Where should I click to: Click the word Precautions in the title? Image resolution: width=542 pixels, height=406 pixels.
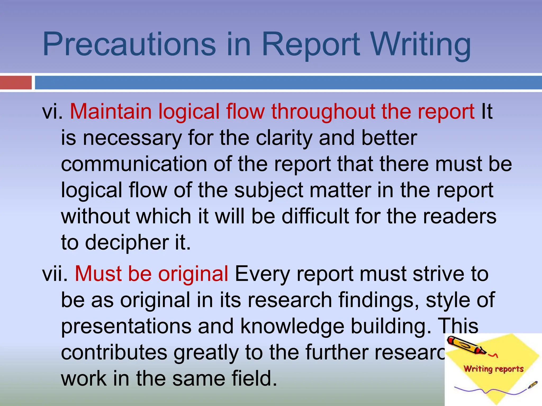(129, 44)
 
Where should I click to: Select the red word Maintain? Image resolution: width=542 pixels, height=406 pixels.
(111, 112)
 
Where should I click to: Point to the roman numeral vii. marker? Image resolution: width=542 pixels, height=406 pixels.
(55, 274)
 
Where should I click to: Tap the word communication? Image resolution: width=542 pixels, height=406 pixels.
(134, 164)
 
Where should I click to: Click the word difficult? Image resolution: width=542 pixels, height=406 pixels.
(315, 216)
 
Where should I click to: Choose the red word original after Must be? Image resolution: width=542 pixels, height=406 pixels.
(193, 274)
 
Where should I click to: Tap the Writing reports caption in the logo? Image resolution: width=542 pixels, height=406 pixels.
(493, 369)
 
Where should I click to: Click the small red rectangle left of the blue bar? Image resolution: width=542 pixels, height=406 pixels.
(16, 82)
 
